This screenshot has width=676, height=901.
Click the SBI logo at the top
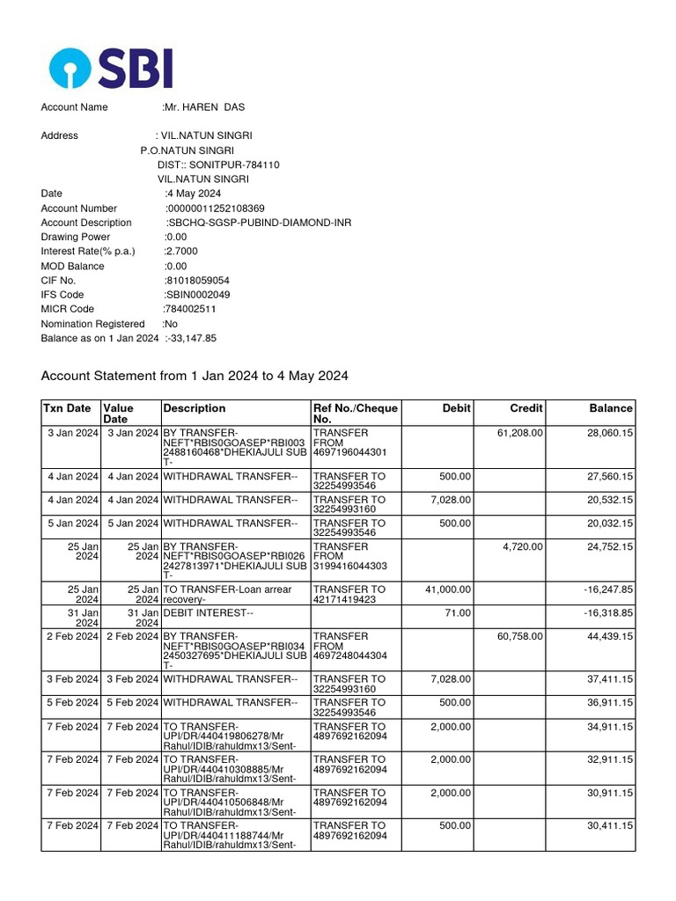click(111, 68)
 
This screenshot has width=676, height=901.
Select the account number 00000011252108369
click(216, 209)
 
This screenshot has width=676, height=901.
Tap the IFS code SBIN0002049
click(197, 295)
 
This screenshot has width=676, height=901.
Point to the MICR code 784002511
click(190, 309)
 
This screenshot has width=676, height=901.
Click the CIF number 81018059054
click(197, 281)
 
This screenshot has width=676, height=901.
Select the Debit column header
click(457, 408)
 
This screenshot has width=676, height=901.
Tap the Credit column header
click(526, 408)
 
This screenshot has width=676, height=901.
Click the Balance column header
click(611, 408)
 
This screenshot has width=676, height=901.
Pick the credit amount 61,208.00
click(521, 433)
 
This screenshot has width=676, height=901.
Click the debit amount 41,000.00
click(447, 590)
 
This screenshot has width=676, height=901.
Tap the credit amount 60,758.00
click(521, 636)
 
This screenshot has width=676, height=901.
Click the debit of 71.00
click(458, 612)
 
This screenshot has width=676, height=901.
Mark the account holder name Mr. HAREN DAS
click(205, 107)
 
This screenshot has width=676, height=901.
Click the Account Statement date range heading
click(195, 376)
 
